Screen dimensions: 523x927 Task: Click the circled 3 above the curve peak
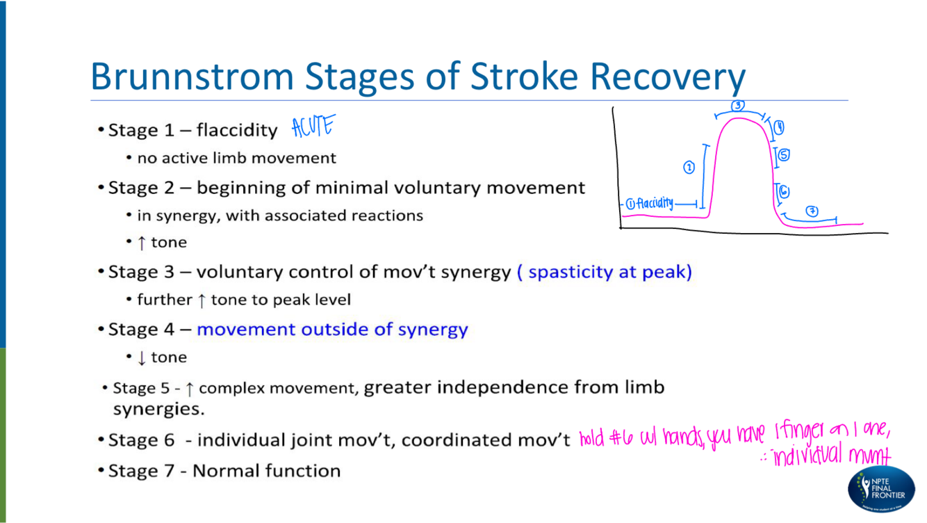pos(738,106)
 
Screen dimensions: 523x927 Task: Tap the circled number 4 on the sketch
pos(780,127)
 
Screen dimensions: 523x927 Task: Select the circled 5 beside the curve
pos(784,155)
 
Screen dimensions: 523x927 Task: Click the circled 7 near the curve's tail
pos(811,211)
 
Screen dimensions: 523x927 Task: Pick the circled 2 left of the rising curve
pos(689,168)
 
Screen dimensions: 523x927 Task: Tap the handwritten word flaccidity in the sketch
pos(655,204)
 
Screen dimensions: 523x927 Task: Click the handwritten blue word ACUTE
pos(313,128)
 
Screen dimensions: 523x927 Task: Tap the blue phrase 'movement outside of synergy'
pos(332,329)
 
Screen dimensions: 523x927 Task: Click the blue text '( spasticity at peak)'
pos(605,272)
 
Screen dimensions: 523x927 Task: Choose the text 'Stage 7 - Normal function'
pos(225,471)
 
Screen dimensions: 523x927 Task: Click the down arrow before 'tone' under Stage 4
pos(142,357)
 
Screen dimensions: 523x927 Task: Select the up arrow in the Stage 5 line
pos(189,389)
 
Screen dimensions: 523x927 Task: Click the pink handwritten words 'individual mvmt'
pos(828,457)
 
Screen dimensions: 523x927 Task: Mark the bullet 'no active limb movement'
pos(236,159)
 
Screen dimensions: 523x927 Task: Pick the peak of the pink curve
pos(739,119)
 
